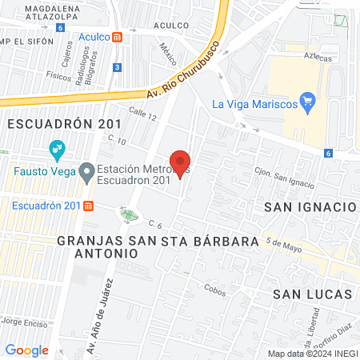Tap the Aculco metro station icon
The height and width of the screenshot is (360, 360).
click(118, 37)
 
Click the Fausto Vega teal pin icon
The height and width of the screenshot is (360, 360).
click(57, 148)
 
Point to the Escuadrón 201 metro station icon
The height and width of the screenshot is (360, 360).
click(89, 206)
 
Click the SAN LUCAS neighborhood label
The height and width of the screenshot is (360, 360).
click(313, 294)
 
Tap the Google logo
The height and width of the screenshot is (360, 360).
click(26, 350)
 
